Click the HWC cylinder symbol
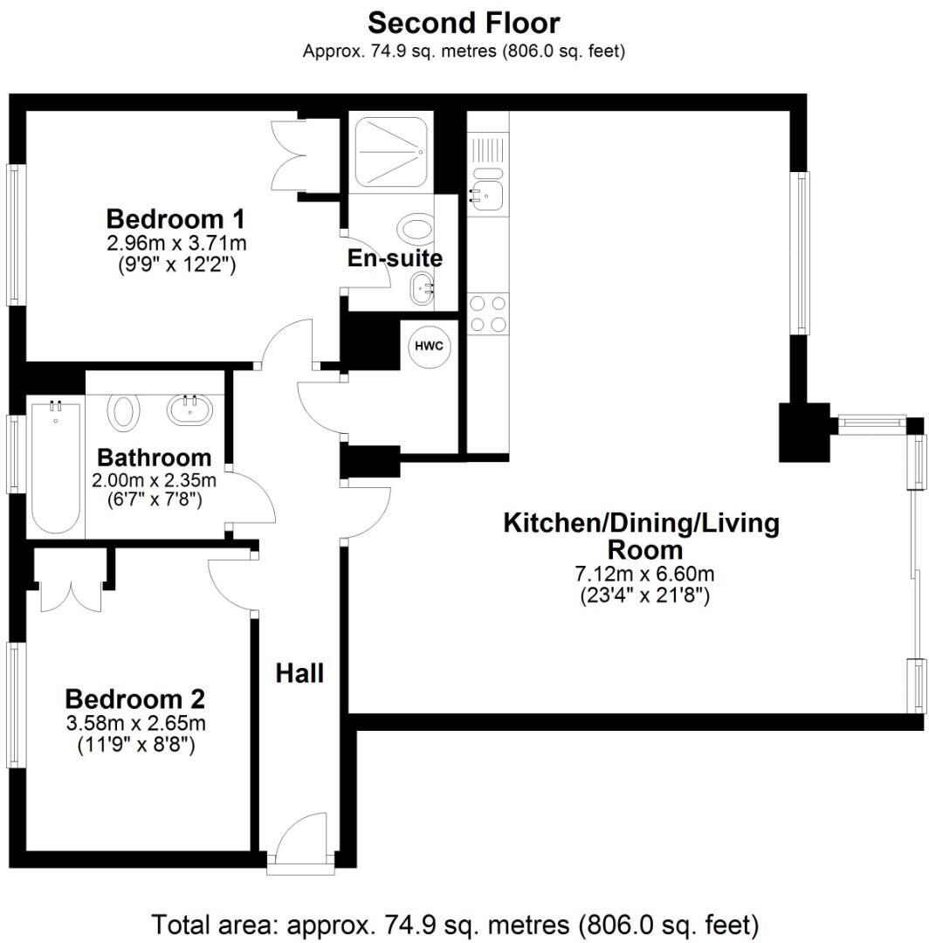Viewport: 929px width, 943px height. point(428,346)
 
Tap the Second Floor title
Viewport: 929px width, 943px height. point(464,22)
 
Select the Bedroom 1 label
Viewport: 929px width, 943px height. point(175,217)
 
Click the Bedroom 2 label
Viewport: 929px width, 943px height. point(135,699)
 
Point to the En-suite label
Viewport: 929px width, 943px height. point(395,258)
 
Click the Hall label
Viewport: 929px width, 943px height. point(299,673)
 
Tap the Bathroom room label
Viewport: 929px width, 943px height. point(154,458)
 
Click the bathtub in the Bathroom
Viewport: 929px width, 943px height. point(56,467)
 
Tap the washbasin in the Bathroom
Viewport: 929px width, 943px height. point(189,409)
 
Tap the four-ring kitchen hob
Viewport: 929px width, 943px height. point(488,314)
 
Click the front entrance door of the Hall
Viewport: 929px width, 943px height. point(299,843)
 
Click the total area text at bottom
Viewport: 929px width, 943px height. point(455,923)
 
